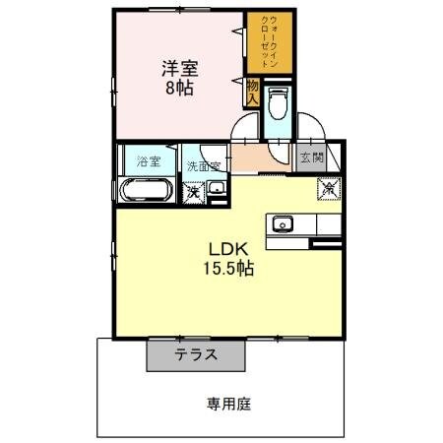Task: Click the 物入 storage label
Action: (x=252, y=95)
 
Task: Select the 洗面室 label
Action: (x=204, y=165)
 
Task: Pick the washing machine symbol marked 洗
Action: (x=193, y=191)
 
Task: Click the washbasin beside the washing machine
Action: (x=219, y=190)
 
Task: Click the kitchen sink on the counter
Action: (x=285, y=223)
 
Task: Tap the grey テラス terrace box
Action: (x=197, y=354)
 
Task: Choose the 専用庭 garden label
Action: (x=226, y=402)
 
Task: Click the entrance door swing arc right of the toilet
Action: (x=310, y=128)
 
